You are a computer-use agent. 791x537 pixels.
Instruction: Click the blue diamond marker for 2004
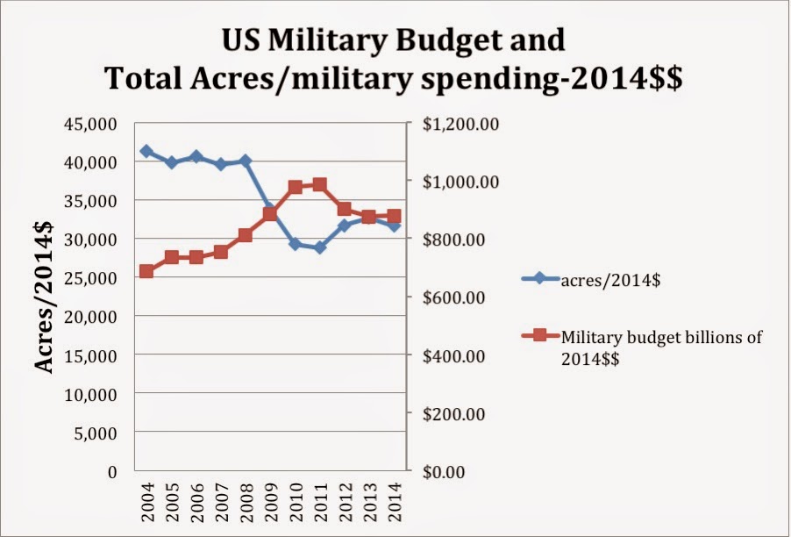pyautogui.click(x=146, y=152)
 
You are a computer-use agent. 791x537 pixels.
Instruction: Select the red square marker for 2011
pyautogui.click(x=320, y=185)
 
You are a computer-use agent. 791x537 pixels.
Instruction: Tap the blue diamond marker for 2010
pyautogui.click(x=296, y=244)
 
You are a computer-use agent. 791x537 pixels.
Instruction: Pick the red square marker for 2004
pyautogui.click(x=146, y=271)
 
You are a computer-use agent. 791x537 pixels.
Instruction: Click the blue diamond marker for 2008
pyautogui.click(x=246, y=161)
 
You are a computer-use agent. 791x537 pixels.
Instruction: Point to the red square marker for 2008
pyautogui.click(x=246, y=235)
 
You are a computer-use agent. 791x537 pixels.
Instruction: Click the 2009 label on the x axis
pyautogui.click(x=271, y=503)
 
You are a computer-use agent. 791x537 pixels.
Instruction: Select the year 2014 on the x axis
pyautogui.click(x=395, y=503)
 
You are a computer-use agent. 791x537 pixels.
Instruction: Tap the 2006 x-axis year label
pyautogui.click(x=196, y=503)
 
